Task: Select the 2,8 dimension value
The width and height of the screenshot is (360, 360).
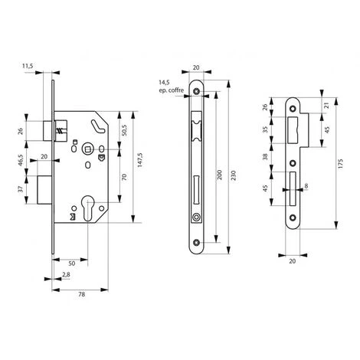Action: click(x=67, y=273)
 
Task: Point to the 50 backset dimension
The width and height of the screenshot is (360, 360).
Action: click(x=71, y=261)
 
